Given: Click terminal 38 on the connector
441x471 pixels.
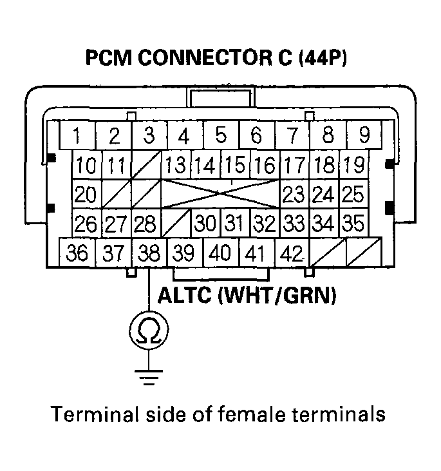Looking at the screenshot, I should click(x=149, y=252).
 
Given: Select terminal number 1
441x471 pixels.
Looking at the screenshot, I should click(x=77, y=136).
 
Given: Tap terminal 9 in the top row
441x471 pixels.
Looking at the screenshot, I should click(x=364, y=135).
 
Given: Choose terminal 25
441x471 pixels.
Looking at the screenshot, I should click(x=352, y=194).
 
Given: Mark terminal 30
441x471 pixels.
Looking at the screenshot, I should click(x=205, y=224).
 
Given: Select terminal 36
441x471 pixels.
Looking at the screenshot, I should click(x=77, y=252).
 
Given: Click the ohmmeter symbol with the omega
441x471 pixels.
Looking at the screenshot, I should click(x=149, y=331).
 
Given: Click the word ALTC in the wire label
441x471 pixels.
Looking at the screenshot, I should click(x=183, y=298).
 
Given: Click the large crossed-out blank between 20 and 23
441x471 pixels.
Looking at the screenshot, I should click(x=220, y=194).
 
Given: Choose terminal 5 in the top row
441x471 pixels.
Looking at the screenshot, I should click(x=221, y=135).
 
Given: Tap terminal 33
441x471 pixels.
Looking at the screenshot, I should click(x=294, y=224).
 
